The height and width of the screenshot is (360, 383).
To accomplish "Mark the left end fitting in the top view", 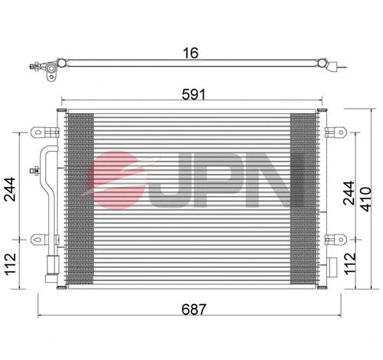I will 49,71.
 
